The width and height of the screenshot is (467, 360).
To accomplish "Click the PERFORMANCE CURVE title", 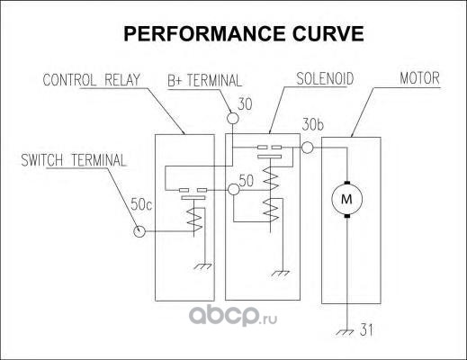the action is (x=244, y=33).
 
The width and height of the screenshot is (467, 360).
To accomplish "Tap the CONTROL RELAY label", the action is (x=92, y=80).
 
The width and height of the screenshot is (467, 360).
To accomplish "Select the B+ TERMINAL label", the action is (x=204, y=80).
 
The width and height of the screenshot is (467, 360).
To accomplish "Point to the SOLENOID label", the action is (x=325, y=78).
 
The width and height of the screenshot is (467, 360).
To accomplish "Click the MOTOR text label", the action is (x=419, y=78).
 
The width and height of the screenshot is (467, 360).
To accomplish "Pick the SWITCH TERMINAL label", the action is (x=74, y=160).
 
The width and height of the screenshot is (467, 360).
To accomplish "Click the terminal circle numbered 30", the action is (x=233, y=118).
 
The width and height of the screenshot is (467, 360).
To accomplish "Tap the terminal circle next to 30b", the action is (x=307, y=148).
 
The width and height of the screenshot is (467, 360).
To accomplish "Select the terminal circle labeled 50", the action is (x=234, y=190).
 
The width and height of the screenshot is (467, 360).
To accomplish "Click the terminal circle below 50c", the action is (x=139, y=231).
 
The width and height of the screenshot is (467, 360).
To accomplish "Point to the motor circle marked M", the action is (x=346, y=199).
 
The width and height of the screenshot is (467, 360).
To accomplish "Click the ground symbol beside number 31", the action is (x=345, y=332).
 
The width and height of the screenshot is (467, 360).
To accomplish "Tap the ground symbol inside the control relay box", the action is (x=203, y=266).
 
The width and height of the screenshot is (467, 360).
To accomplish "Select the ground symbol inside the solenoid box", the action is (x=281, y=274).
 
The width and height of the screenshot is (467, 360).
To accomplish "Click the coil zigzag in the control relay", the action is (x=194, y=220).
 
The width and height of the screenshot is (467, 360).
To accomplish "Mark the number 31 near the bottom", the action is (x=366, y=330).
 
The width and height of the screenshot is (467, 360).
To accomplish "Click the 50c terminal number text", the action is (x=141, y=204).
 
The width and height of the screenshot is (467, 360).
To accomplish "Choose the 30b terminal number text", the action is (x=313, y=125).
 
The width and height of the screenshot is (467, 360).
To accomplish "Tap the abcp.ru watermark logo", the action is (x=233, y=317).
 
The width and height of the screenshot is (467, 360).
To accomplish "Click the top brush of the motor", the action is (x=347, y=183).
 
